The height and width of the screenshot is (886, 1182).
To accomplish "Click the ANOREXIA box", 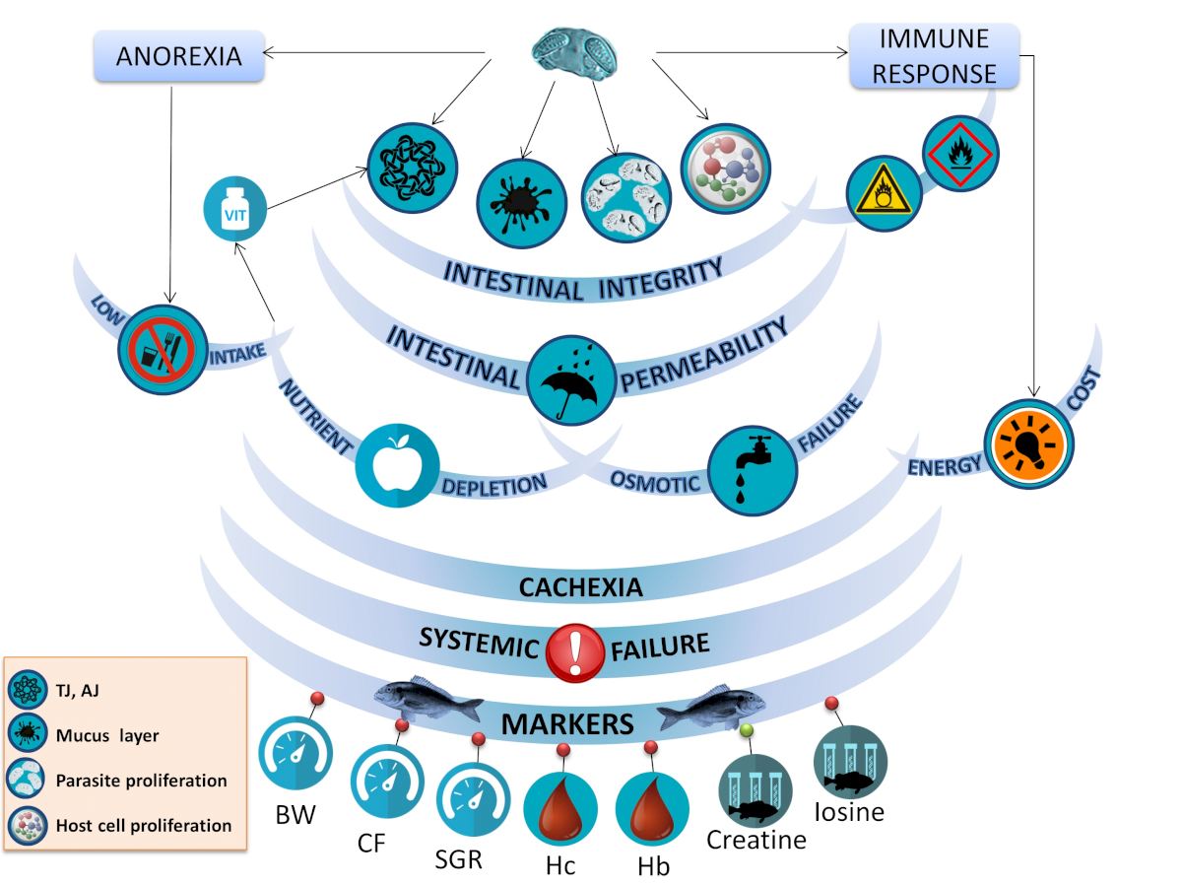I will pos(179,56).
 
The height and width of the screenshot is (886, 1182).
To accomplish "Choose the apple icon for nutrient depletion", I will pos(396,465).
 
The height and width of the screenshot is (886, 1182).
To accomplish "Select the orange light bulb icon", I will pos(1029,443).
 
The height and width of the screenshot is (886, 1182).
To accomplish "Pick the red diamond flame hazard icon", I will pos(960,150).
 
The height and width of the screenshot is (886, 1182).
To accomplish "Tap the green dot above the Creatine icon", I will pos(746,729).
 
